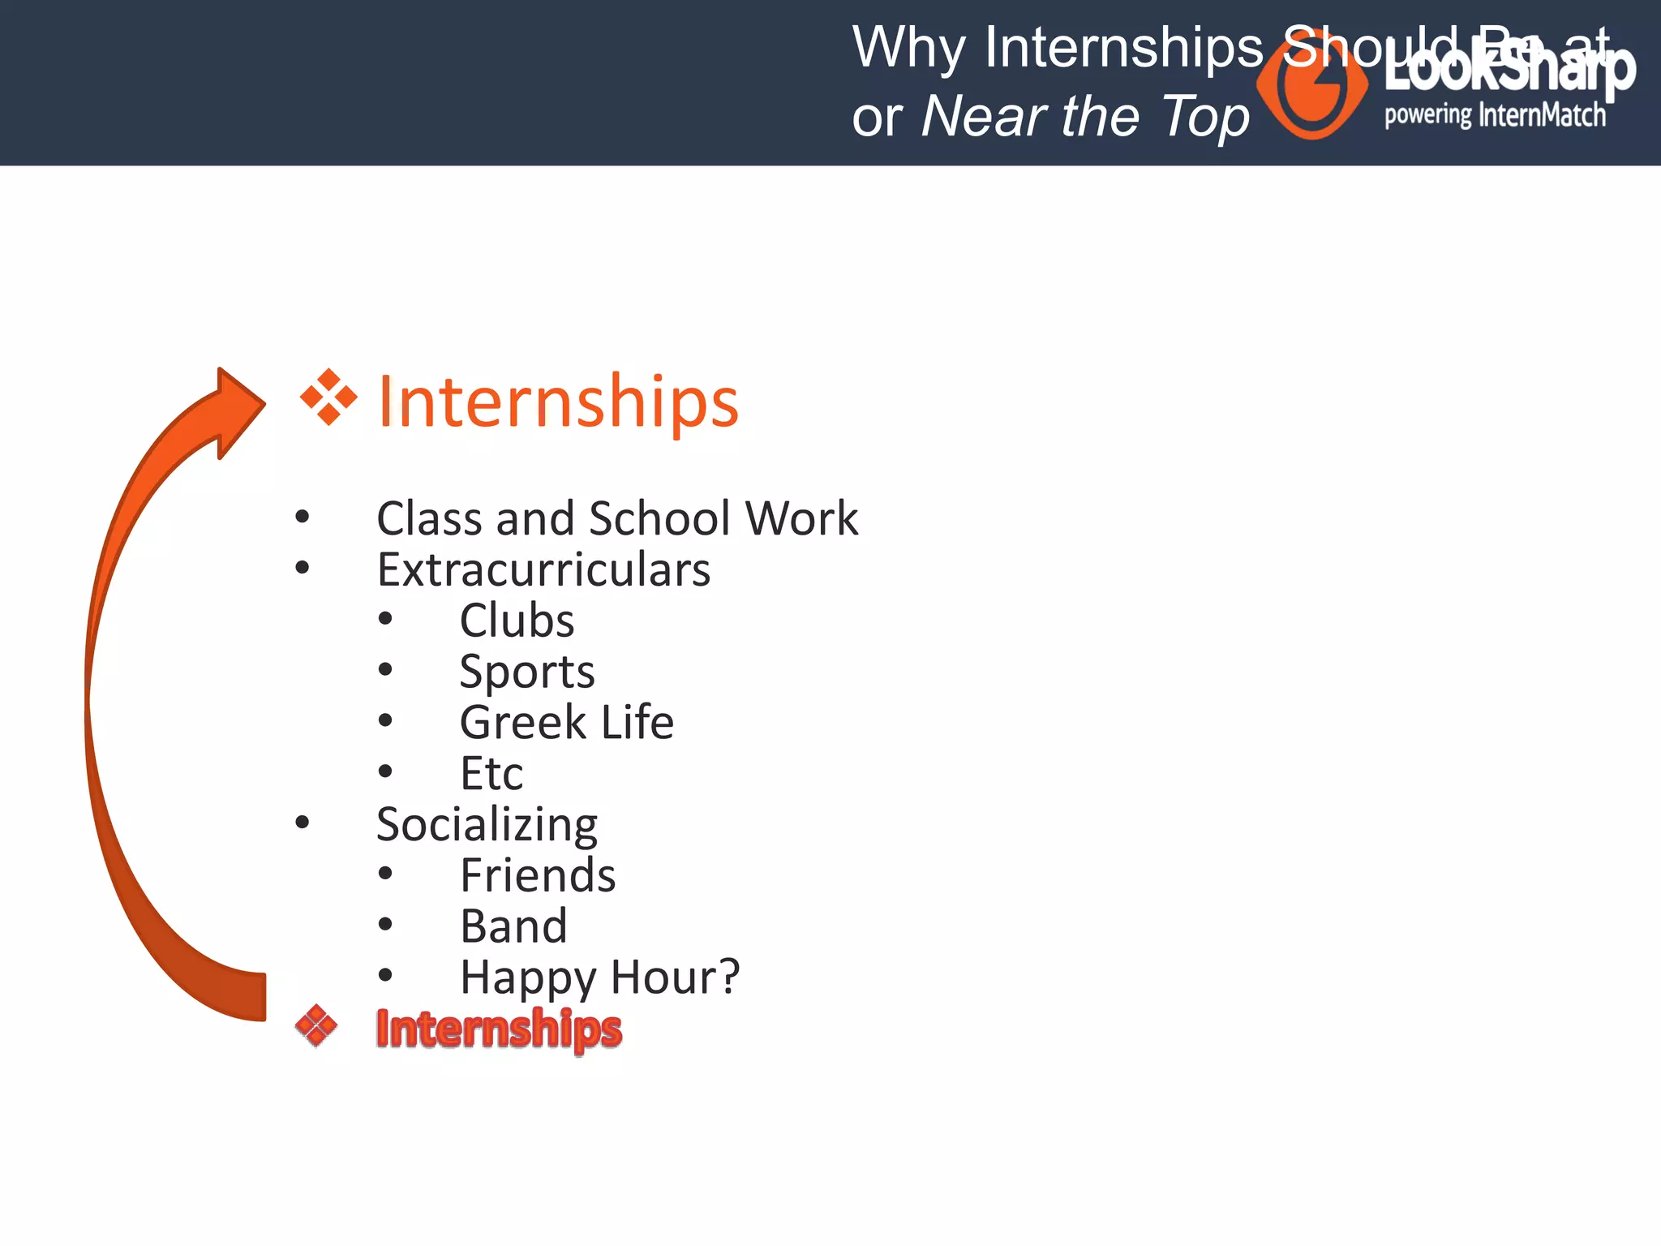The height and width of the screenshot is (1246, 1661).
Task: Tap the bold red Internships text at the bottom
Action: [x=498, y=1029]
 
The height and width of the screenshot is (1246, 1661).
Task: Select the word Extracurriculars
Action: [x=543, y=569]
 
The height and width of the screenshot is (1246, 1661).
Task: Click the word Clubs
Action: [x=517, y=621]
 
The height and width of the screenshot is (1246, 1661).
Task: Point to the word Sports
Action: [x=526, y=672]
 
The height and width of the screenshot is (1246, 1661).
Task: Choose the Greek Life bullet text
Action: [x=566, y=722]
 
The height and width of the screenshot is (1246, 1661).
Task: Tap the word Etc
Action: [x=491, y=773]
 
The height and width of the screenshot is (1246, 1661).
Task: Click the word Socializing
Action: [x=487, y=824]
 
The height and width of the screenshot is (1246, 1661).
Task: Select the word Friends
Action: [x=538, y=875]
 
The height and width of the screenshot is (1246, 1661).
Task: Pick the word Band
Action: [x=513, y=926]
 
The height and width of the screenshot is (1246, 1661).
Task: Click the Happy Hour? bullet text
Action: [x=599, y=977]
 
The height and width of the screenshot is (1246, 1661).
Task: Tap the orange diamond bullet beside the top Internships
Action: [x=328, y=397]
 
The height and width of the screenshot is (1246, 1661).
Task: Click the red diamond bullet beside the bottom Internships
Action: [x=316, y=1026]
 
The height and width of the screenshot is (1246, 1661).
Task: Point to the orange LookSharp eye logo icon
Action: [x=1311, y=88]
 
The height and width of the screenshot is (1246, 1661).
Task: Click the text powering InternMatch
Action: [x=1494, y=115]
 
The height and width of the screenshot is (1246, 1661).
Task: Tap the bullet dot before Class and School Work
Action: [x=303, y=517]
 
